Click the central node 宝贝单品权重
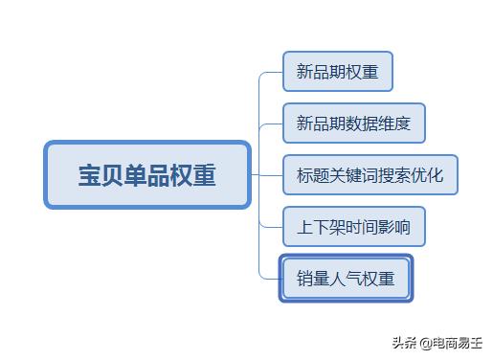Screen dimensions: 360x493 pos(146,175)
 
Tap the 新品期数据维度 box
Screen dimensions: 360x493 pos(353,124)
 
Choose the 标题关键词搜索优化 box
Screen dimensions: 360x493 pos(370,175)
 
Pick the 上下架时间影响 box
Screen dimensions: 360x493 pos(353,227)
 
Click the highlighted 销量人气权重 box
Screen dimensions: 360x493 pos(346,279)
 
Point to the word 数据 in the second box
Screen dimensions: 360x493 pos(361,124)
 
